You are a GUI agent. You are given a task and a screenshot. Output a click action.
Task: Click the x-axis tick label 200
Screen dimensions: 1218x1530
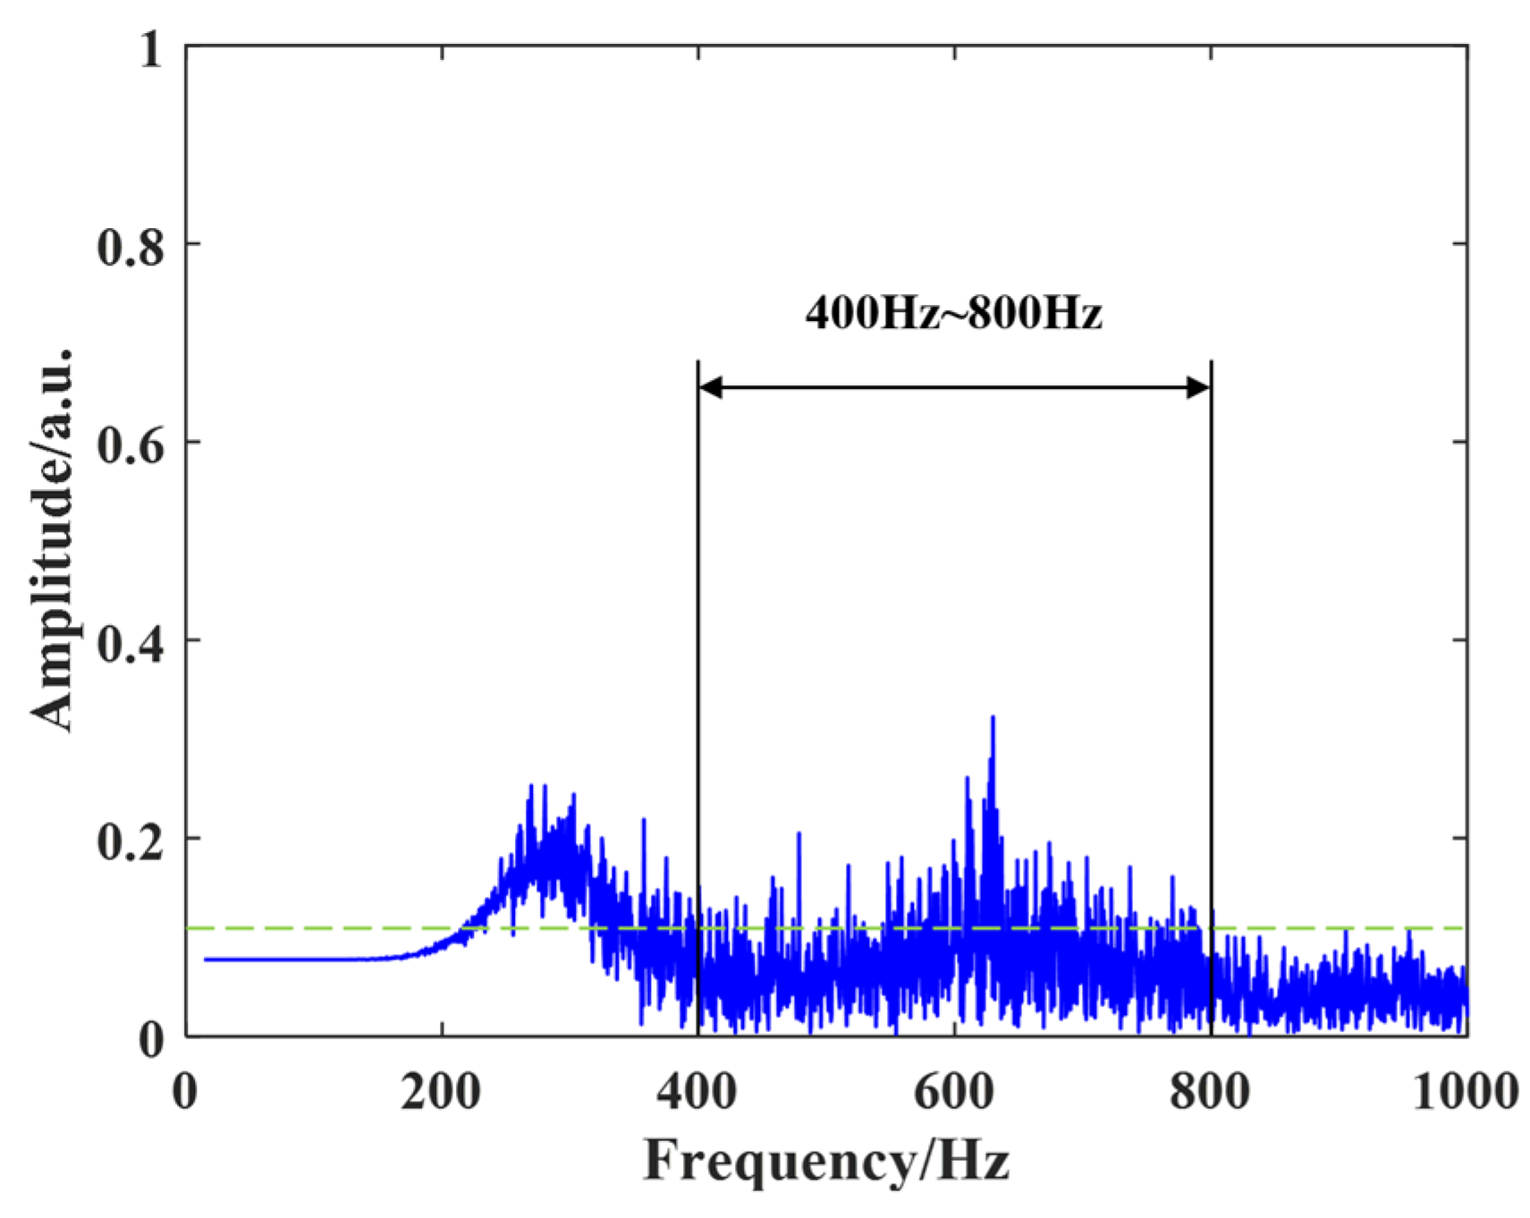tap(442, 1092)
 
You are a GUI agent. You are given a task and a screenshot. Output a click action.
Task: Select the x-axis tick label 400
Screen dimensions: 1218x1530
tap(698, 1092)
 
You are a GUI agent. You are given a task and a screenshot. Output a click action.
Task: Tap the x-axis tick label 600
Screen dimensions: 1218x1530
tap(954, 1092)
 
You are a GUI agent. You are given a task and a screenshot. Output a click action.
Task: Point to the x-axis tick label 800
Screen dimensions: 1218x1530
tap(1211, 1092)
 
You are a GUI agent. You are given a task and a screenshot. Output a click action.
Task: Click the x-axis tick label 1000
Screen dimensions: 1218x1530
tap(1465, 1092)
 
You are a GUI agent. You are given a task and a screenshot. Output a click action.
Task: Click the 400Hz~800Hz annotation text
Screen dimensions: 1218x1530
tap(953, 313)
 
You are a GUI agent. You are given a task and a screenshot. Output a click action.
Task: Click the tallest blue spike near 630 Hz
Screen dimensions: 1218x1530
tap(993, 720)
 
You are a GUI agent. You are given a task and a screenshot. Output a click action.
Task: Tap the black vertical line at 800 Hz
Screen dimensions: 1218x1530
tap(1211, 626)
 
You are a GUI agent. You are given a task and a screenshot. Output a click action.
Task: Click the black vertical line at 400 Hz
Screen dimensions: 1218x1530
tap(697, 626)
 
